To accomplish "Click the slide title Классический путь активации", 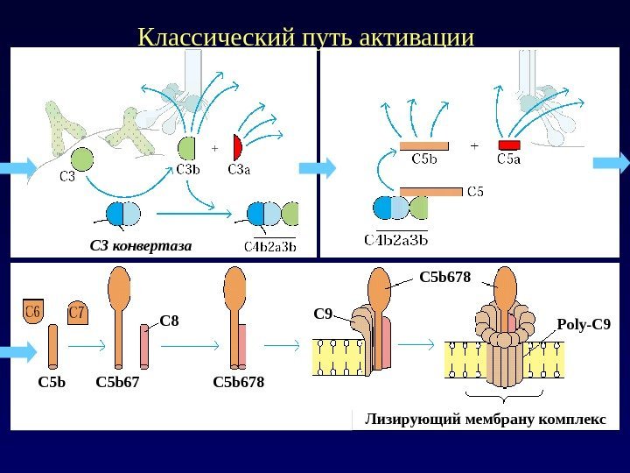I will [306, 39].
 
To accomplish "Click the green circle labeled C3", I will [80, 159].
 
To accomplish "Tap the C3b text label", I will [188, 170].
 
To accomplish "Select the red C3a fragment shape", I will [236, 146].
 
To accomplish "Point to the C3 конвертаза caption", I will [140, 245].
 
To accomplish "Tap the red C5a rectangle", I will [509, 145].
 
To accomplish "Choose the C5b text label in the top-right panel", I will [424, 159].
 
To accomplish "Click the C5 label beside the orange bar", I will [472, 190].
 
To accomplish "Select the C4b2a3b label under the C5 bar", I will [396, 237].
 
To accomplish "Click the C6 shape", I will [34, 312].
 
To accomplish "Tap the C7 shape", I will [77, 312].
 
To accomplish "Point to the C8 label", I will [169, 321].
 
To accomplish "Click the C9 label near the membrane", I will [323, 313].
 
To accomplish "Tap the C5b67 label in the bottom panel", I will [117, 382].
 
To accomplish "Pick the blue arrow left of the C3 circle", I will [19, 167].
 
